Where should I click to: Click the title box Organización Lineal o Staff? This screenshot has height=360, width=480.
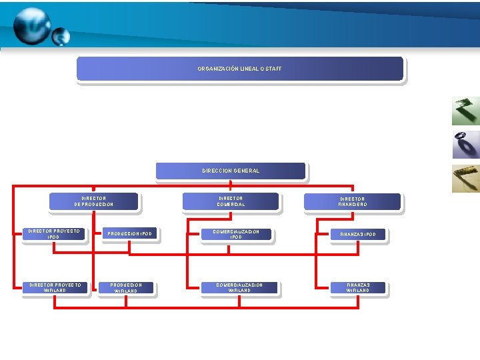coord(240,69)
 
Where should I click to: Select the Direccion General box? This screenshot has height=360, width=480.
coord(231,171)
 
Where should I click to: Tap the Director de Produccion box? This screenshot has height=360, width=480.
coord(94,201)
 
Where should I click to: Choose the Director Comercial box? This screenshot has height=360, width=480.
coord(231,201)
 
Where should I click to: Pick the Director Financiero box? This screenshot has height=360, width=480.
coord(353,201)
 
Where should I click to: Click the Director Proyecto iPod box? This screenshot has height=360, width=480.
coord(54,234)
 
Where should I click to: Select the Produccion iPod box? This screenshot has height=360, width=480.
coord(130,234)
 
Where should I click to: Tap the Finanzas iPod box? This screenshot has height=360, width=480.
coord(358,235)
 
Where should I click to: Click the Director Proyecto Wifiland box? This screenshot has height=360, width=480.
coord(54,288)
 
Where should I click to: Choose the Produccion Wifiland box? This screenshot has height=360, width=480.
coord(127,288)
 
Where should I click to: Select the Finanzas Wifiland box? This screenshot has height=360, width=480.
coord(358,288)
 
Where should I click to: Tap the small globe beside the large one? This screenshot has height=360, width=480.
coord(61,36)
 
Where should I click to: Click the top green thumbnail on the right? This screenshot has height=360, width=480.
coord(465,111)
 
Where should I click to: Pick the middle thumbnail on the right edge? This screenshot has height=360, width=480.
coord(465,145)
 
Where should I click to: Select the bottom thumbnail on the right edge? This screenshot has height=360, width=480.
coord(465,178)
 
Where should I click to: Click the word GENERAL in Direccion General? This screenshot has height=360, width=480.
coord(247,171)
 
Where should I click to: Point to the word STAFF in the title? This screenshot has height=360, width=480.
coord(274,69)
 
